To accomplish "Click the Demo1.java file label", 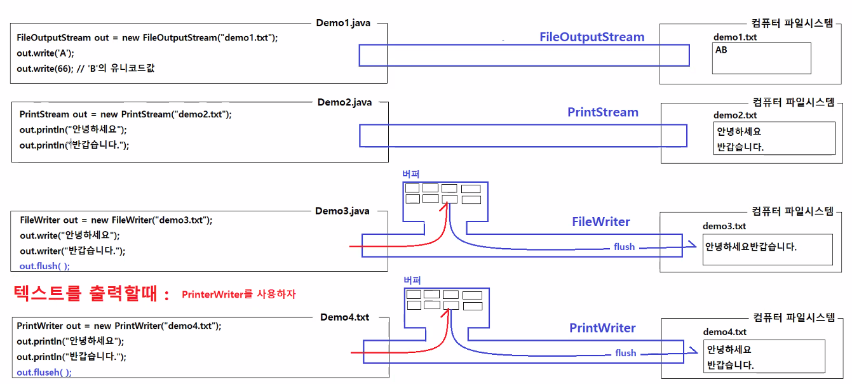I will pyautogui.click(x=344, y=23).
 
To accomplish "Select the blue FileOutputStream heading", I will pyautogui.click(x=592, y=37).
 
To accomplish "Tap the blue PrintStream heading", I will pyautogui.click(x=602, y=112).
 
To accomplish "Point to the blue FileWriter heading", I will pyautogui.click(x=601, y=222).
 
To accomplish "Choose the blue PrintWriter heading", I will pyautogui.click(x=602, y=328).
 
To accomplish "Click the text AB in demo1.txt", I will pyautogui.click(x=721, y=50).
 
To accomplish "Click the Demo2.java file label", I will pyautogui.click(x=344, y=102).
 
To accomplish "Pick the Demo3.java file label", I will pyautogui.click(x=342, y=211).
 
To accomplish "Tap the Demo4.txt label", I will pyautogui.click(x=344, y=317).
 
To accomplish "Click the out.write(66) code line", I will pyautogui.click(x=85, y=69).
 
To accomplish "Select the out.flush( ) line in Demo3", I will pyautogui.click(x=44, y=266).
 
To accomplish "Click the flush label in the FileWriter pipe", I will pyautogui.click(x=624, y=247).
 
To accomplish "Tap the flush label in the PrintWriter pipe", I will pyautogui.click(x=625, y=353).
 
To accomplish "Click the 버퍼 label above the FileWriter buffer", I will pyautogui.click(x=411, y=174).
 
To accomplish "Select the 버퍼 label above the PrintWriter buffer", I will pyautogui.click(x=412, y=280).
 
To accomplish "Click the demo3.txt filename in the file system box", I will pyautogui.click(x=724, y=227).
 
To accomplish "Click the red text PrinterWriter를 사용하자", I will pyautogui.click(x=238, y=295).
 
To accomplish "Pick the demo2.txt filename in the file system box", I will pyautogui.click(x=735, y=116).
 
